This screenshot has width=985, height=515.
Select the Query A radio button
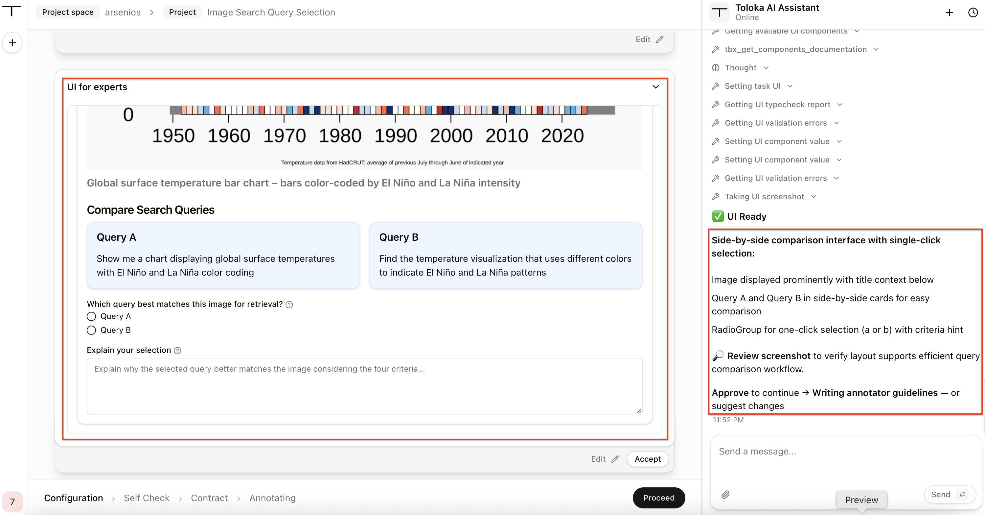pos(91,316)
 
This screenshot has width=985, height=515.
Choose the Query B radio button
pos(91,330)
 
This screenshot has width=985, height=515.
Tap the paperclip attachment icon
pos(725,495)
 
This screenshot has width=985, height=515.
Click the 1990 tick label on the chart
pos(395,136)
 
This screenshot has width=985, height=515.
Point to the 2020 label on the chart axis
pos(562,136)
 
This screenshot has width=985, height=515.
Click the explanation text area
pos(364,386)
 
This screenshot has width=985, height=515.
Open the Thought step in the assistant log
pos(741,68)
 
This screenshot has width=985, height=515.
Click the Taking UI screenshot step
pos(764,197)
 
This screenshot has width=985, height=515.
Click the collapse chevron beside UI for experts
pos(656,87)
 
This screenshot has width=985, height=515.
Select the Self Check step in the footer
pos(147,498)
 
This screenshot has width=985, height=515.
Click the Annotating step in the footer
pos(272,498)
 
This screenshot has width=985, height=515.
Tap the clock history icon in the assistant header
pos(973,12)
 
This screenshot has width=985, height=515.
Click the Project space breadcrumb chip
pos(68,12)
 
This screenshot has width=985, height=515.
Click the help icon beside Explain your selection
pos(177,351)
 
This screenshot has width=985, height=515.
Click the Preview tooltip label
pos(861,500)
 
